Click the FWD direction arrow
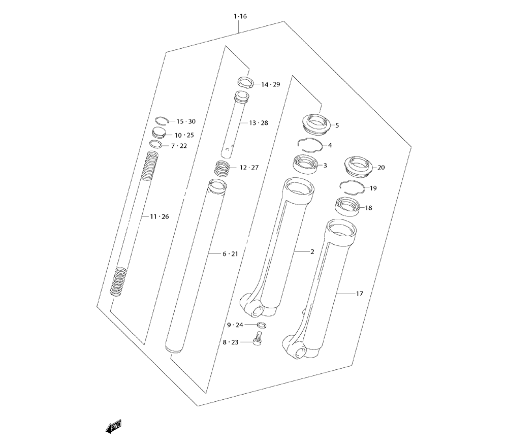[x=114, y=427]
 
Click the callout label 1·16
[x=240, y=16]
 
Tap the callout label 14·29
[x=271, y=84]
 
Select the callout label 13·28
[x=259, y=123]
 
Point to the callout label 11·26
[x=160, y=216]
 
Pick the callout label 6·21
[x=230, y=254]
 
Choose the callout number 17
[x=360, y=294]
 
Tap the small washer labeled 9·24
[x=262, y=325]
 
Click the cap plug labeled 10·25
[x=158, y=132]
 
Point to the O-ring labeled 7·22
[x=156, y=144]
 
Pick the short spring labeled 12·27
[x=223, y=168]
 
